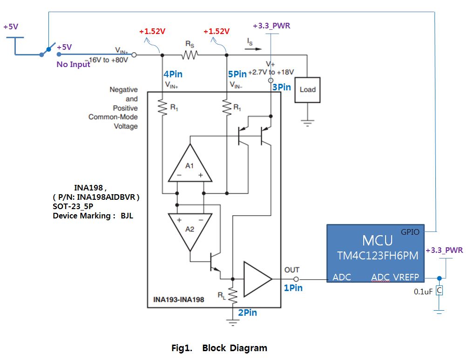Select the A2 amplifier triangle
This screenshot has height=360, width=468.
(190, 231)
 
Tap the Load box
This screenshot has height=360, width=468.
(307, 89)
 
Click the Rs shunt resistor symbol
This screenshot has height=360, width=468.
(190, 55)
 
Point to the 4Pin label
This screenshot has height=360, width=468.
(172, 74)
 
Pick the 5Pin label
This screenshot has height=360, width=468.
(237, 74)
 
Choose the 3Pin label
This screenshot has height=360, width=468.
(281, 87)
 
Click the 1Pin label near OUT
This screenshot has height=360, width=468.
(293, 288)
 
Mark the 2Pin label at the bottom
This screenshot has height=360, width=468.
(247, 313)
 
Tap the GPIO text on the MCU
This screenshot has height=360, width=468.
(410, 231)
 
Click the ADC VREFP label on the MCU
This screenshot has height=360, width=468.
(395, 278)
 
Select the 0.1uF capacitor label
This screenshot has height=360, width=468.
(423, 292)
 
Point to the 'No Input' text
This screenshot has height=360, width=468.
(73, 64)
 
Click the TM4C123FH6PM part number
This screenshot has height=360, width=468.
(378, 256)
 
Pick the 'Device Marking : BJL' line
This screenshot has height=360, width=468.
(93, 216)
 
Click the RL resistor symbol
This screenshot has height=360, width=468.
(232, 293)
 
